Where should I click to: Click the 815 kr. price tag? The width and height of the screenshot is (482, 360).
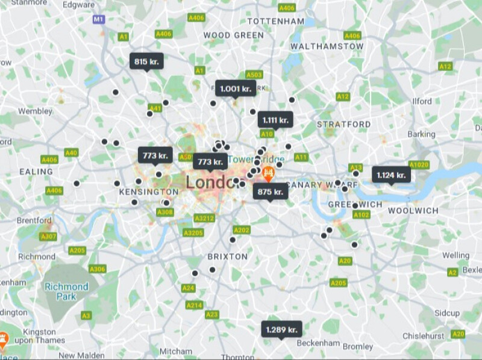(x=146, y=61)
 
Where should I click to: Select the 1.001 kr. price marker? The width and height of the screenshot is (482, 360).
(x=235, y=88)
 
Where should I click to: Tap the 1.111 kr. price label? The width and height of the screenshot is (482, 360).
(x=275, y=120)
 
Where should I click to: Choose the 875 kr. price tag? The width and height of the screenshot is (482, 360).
(x=270, y=191)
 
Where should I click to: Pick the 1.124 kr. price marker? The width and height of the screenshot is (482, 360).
(x=391, y=175)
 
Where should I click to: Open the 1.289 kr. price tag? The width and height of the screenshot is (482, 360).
(x=281, y=329)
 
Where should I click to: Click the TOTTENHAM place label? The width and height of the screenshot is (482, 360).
(x=276, y=21)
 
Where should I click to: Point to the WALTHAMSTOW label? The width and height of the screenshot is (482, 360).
(x=327, y=46)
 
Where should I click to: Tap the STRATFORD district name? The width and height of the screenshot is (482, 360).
(x=344, y=125)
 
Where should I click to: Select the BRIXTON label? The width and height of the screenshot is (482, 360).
(x=227, y=256)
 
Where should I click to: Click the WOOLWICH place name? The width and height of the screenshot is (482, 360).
(x=413, y=210)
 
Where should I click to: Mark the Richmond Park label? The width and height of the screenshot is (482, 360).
(x=66, y=292)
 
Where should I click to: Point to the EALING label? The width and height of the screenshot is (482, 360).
(x=36, y=172)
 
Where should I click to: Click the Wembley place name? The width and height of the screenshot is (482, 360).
(x=35, y=111)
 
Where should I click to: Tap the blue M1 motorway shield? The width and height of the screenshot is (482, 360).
(x=98, y=19)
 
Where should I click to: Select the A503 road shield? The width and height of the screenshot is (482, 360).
(x=254, y=75)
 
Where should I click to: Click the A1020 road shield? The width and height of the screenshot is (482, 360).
(x=419, y=164)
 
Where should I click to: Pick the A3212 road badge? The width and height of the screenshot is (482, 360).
(x=205, y=218)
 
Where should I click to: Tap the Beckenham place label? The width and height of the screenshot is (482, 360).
(x=319, y=343)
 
